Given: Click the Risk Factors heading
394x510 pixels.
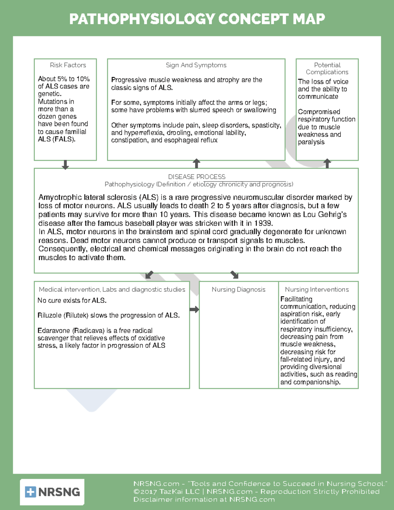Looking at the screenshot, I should [68, 65].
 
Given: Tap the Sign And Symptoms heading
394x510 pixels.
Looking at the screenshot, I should [196, 65].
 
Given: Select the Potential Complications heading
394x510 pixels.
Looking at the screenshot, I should [327, 68].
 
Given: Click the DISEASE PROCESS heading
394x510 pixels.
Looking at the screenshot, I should [197, 177].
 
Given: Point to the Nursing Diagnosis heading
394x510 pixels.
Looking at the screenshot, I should [238, 289].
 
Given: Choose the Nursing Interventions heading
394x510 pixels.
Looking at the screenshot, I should [317, 289].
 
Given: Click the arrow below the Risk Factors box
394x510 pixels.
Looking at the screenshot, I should [65, 165].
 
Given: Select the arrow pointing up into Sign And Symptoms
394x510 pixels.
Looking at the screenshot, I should [196, 163].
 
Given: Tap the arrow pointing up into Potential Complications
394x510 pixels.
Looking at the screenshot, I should [327, 163].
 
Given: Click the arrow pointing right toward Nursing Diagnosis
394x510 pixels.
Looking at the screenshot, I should [194, 309].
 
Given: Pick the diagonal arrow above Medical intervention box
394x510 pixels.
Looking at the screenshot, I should [149, 275].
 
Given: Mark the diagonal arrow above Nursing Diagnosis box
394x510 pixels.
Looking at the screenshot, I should [234, 275].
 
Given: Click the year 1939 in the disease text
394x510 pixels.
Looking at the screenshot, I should [263, 223].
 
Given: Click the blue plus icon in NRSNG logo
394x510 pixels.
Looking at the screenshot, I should [31, 492].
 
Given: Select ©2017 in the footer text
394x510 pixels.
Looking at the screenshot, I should [144, 492].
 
